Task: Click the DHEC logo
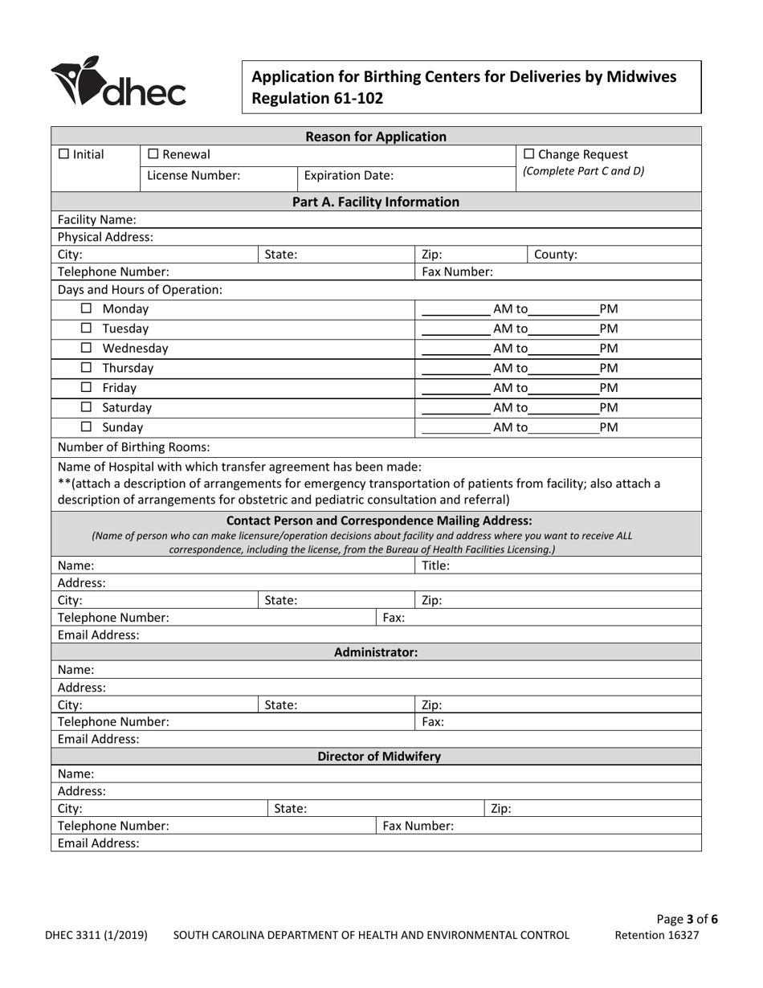click(118, 83)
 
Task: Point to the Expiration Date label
click(346, 175)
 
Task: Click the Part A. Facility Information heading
click(376, 202)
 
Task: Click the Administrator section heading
click(376, 652)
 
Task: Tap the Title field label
click(435, 565)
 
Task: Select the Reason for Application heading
click(376, 136)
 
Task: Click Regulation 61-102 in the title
click(318, 99)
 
